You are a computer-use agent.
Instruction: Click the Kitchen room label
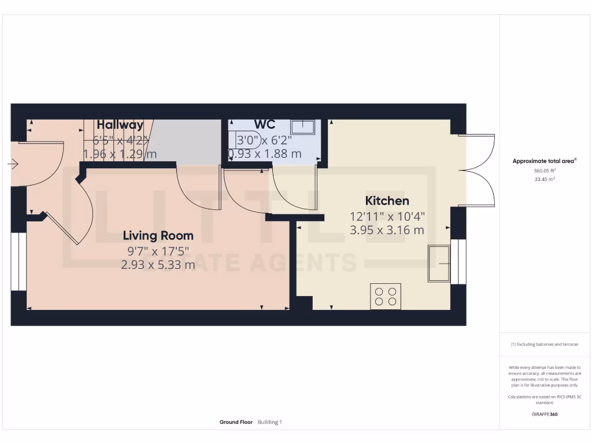click(387, 201)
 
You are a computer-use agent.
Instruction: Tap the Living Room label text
click(158, 236)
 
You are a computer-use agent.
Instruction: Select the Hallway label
click(120, 125)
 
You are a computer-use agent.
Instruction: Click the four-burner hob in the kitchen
click(386, 296)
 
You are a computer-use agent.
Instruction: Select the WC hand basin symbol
click(302, 127)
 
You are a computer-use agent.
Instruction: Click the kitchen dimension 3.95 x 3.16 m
click(387, 230)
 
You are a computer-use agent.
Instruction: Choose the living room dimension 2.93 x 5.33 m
click(158, 265)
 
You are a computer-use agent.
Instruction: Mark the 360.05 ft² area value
click(544, 171)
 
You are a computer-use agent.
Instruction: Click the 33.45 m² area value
click(544, 179)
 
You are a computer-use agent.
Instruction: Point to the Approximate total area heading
click(544, 161)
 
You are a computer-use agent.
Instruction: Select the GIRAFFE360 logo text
click(544, 414)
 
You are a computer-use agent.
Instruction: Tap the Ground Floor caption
click(236, 422)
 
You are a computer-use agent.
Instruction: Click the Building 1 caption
click(270, 422)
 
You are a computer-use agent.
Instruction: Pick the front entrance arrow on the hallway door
click(13, 164)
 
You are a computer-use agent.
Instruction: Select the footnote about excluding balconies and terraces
click(544, 345)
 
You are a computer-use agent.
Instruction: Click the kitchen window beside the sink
click(458, 262)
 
